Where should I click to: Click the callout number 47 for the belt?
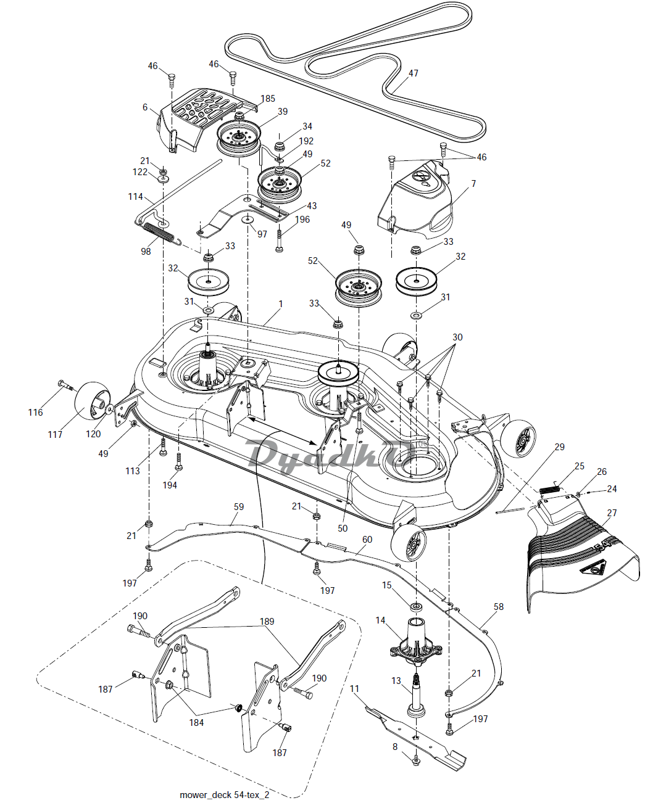(413, 73)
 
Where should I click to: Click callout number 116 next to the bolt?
(35, 412)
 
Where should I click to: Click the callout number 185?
(268, 99)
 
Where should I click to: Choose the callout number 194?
(169, 485)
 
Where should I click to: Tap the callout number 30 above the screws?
(457, 337)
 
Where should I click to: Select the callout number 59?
(239, 506)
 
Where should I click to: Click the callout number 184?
(196, 723)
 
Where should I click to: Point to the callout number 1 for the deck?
(281, 304)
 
